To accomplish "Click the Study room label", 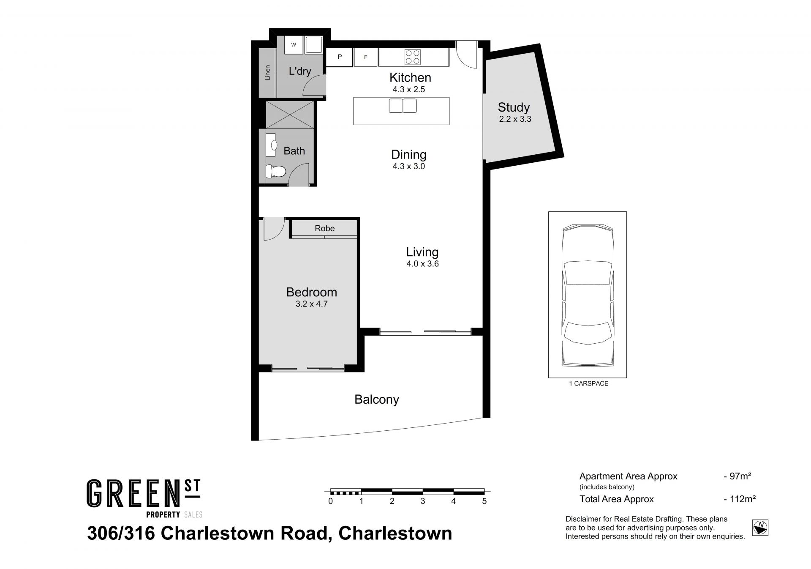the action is pyautogui.click(x=513, y=107).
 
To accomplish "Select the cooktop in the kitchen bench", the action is pyautogui.click(x=413, y=57).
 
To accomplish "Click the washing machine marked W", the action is pyautogui.click(x=294, y=45).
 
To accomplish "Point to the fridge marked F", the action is pyautogui.click(x=365, y=57).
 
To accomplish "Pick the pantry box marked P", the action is pyautogui.click(x=339, y=57).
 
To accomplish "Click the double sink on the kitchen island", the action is pyautogui.click(x=403, y=106).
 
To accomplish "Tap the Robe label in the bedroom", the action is pyautogui.click(x=324, y=228).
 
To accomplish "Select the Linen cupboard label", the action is pyautogui.click(x=267, y=73).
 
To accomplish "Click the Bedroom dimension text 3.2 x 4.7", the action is pyautogui.click(x=312, y=304).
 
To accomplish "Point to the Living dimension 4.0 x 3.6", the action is pyautogui.click(x=422, y=264).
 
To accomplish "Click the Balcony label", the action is pyautogui.click(x=377, y=399).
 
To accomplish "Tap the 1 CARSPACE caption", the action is pyautogui.click(x=589, y=384).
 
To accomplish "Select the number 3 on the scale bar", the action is pyautogui.click(x=423, y=501).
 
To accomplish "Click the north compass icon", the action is pyautogui.click(x=760, y=528).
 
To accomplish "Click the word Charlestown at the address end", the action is pyautogui.click(x=395, y=533).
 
